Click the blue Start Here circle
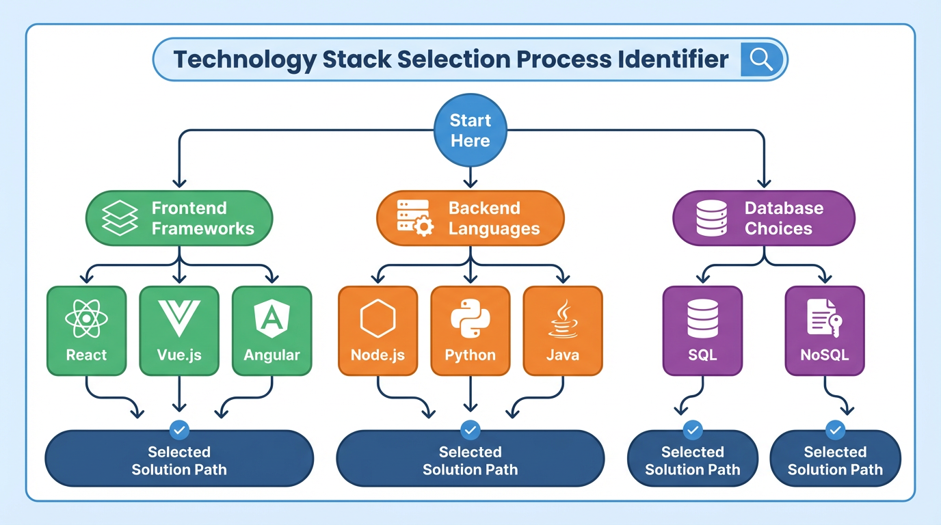471,131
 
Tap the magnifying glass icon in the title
760,60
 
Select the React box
87,331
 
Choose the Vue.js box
179,331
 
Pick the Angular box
272,331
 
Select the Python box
471,331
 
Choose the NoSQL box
825,331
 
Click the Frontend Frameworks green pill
179,218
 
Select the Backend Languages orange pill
471,218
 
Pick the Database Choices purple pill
764,218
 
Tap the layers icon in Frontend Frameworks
120,218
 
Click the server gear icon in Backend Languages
414,218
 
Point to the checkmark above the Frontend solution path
179,430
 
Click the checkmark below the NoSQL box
835,430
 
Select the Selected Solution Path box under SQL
693,460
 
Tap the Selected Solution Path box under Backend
471,460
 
